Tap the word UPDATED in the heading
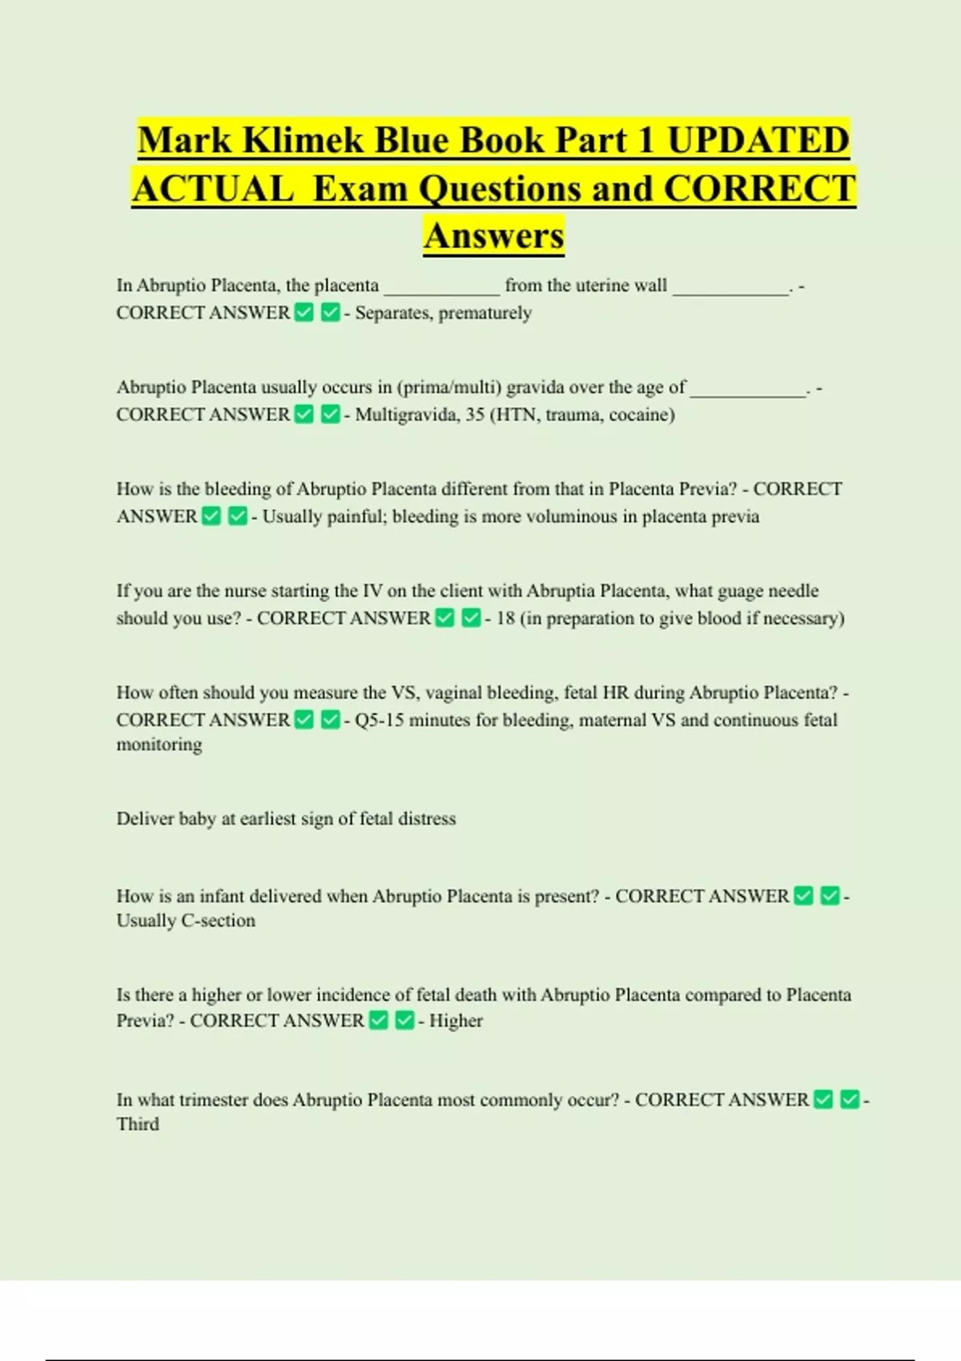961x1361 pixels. click(x=758, y=140)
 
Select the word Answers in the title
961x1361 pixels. click(x=494, y=235)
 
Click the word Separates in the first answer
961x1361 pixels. click(x=393, y=313)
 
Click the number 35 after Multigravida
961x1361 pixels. click(x=475, y=415)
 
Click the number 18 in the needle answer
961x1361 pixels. click(x=505, y=618)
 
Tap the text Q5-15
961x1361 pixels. click(x=379, y=720)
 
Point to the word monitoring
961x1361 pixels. click(x=159, y=745)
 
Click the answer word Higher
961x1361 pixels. click(x=456, y=1021)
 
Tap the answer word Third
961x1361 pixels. click(x=138, y=1124)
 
